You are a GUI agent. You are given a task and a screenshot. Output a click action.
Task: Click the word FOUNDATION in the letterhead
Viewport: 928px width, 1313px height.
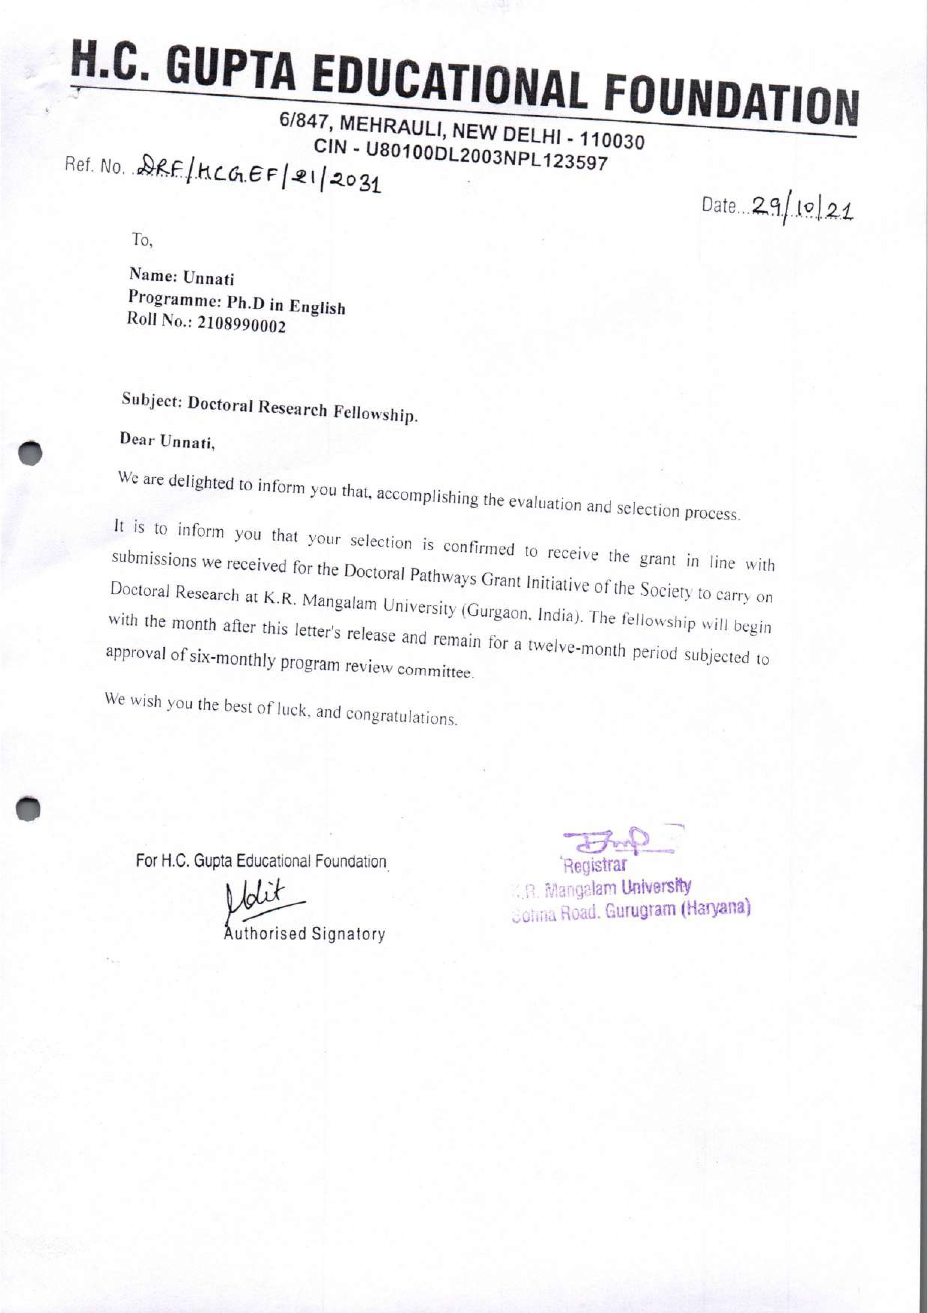[x=731, y=102]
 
